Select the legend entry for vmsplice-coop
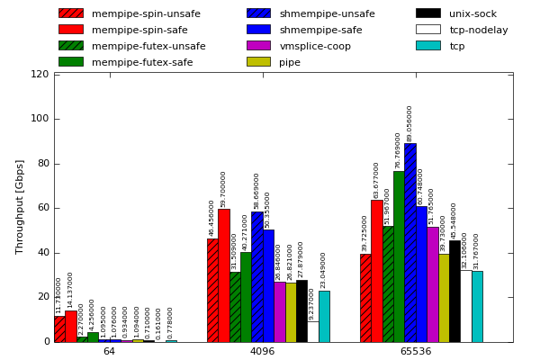coord(315,46)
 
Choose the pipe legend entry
coord(290,62)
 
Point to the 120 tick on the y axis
coord(40,74)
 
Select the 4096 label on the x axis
coord(262,351)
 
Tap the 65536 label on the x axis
coord(415,351)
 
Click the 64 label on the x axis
coord(109,351)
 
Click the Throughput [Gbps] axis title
coord(20,206)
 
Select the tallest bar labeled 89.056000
coord(409,243)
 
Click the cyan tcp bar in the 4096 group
coord(324,317)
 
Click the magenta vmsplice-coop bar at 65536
coord(432,284)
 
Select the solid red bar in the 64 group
coord(70,326)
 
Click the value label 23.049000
coord(323,269)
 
